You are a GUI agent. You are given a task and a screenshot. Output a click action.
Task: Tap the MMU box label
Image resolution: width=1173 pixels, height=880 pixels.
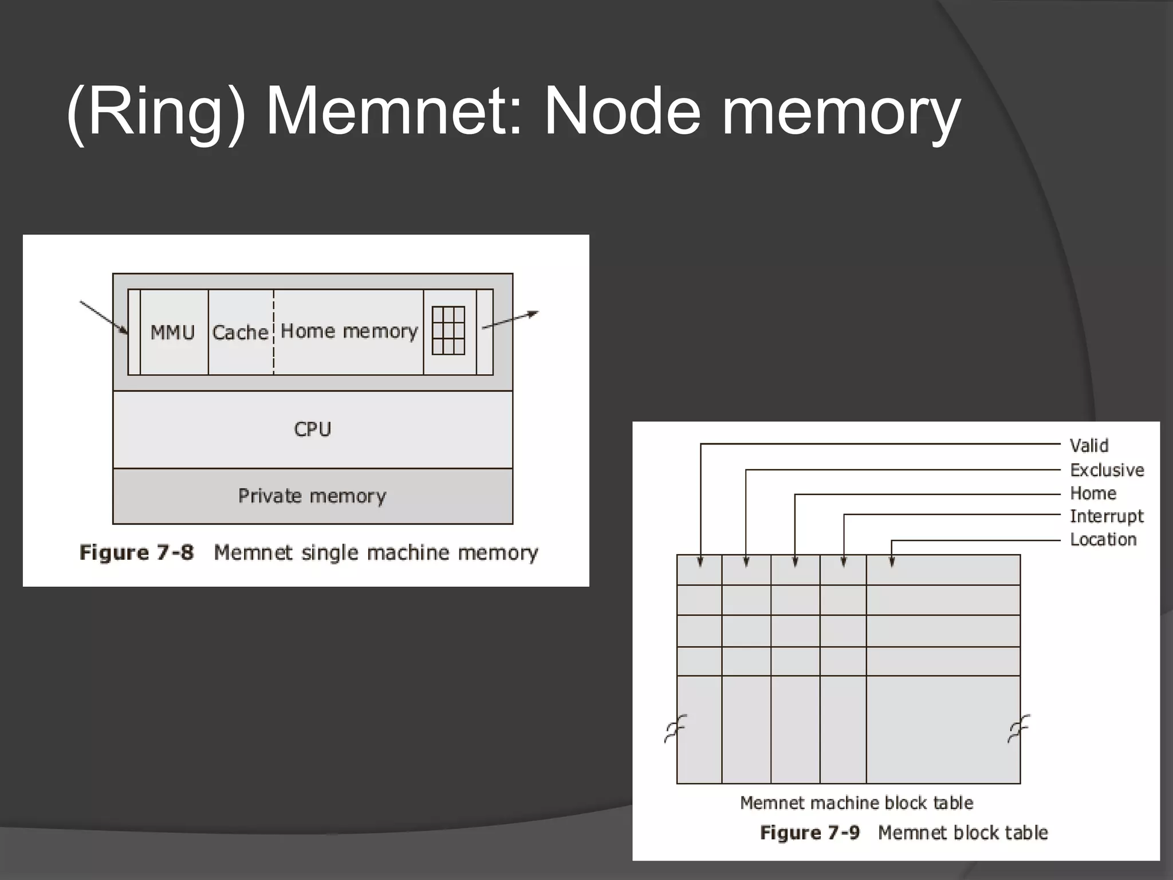pos(172,332)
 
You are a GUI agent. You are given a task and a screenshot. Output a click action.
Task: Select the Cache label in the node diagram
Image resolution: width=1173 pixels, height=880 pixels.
pos(240,332)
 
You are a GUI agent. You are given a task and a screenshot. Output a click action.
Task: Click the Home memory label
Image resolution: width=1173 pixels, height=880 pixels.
pos(349,331)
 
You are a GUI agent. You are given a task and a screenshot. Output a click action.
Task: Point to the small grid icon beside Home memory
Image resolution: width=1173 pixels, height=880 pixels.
pos(448,331)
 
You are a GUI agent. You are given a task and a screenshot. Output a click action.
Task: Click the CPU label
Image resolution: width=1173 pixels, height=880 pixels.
pos(312,429)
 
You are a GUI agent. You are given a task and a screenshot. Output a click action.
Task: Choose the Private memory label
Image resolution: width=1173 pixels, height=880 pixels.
pos(312,496)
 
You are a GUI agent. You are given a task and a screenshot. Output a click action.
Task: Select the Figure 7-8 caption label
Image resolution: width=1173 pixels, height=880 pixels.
pos(137,552)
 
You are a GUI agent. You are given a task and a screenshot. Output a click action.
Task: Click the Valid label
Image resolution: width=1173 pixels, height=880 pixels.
pos(1089,445)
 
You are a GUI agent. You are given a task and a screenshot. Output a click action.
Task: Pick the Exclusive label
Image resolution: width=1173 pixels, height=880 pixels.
pos(1107,470)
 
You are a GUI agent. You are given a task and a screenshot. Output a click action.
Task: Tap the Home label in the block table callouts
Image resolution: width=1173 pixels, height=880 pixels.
pos(1093,493)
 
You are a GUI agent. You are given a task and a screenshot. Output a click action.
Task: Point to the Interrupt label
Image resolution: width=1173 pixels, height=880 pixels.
pos(1107,516)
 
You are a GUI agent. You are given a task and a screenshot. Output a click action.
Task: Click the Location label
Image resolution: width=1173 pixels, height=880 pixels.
pos(1103,539)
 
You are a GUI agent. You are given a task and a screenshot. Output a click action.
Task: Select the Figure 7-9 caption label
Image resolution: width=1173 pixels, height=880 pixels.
pos(809,832)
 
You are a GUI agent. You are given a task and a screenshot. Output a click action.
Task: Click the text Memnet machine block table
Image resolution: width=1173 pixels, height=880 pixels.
pos(856,803)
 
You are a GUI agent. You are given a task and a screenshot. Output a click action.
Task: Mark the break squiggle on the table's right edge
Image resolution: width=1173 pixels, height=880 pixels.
pos(1018,728)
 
